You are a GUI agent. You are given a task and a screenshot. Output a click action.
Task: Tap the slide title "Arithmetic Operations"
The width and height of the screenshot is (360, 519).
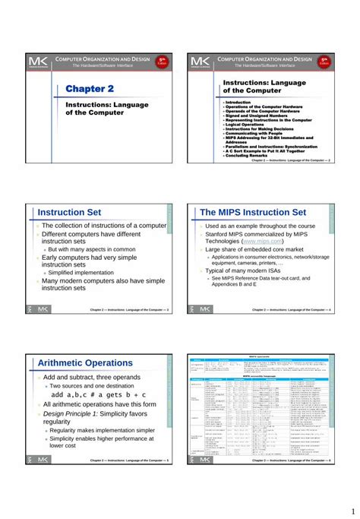pos(87,363)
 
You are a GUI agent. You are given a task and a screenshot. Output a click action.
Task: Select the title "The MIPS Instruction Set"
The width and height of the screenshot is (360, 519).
pos(252,212)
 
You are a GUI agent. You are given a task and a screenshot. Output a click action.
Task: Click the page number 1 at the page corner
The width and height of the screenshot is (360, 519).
pos(352,509)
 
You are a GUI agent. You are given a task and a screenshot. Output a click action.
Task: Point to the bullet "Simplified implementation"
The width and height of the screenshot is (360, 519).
pos(81,272)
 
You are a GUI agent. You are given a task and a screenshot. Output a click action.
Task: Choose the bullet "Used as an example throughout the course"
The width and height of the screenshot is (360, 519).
pos(260,226)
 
